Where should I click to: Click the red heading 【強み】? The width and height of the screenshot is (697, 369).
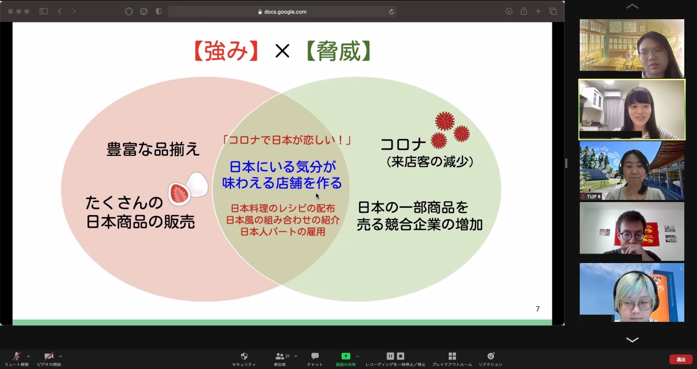coord(226,51)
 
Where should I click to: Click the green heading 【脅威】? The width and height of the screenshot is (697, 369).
coord(339,51)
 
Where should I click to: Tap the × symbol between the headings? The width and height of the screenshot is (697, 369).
coord(282,51)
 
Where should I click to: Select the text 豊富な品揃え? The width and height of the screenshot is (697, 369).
coord(153,149)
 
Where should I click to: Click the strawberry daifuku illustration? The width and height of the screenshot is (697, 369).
coord(188,189)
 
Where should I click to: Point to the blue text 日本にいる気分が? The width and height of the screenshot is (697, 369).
coord(283,167)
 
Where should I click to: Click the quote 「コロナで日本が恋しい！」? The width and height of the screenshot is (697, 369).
coord(287,140)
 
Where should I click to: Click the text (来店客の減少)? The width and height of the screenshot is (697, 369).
coord(430,162)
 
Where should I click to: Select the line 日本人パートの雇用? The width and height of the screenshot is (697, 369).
coord(283,232)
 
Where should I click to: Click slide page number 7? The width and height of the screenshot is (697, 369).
coord(538,309)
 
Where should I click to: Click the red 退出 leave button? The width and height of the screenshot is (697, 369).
coord(681,359)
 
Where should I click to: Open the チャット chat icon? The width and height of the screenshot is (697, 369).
coord(315,356)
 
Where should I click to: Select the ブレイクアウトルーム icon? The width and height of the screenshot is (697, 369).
coord(452,356)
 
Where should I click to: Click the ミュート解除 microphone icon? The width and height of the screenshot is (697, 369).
coord(16,356)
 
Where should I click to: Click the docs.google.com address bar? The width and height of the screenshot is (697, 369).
coord(282,12)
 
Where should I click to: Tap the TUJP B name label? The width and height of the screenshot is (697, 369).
coord(591,196)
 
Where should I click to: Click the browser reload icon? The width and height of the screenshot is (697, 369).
coord(391,12)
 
